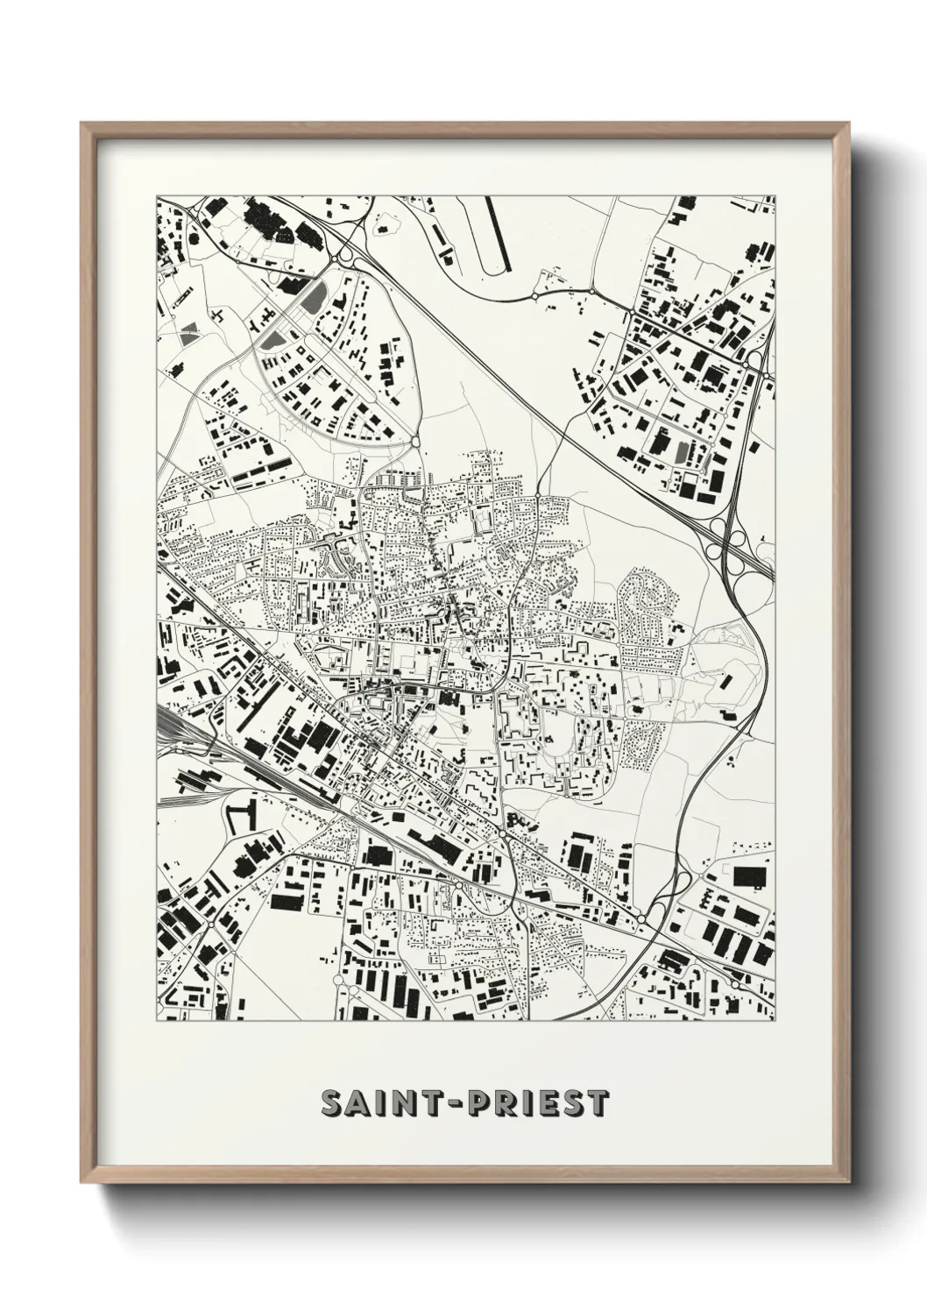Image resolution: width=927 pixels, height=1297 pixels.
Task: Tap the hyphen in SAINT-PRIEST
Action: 456,1104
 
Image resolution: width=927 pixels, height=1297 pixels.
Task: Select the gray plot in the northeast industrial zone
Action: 681,453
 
